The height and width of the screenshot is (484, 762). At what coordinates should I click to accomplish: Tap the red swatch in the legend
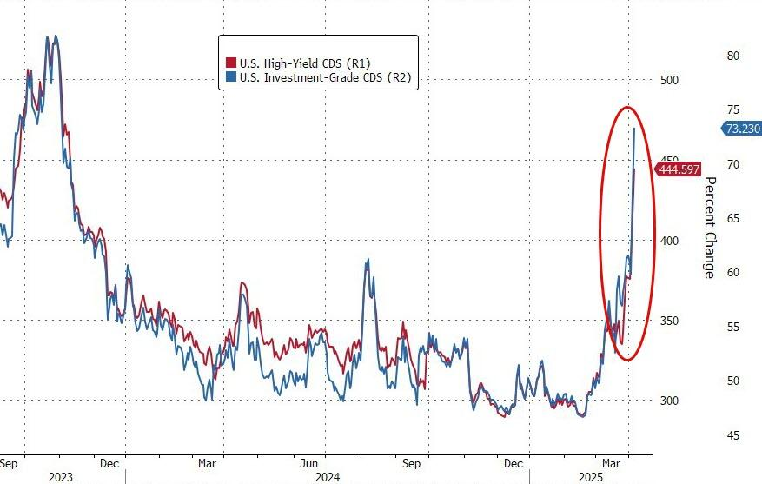tap(231, 63)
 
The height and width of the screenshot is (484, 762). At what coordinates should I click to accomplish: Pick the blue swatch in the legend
tap(231, 78)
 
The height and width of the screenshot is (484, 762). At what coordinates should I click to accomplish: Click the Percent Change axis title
tap(709, 228)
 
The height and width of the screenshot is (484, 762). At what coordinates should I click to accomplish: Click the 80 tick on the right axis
tap(732, 56)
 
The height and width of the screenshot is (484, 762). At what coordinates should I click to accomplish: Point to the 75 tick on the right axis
tap(732, 109)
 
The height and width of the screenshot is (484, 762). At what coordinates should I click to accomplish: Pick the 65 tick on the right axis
tap(732, 218)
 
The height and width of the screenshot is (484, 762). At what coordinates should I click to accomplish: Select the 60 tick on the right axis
tap(732, 273)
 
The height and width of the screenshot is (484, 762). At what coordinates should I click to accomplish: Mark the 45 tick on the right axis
tap(732, 435)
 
